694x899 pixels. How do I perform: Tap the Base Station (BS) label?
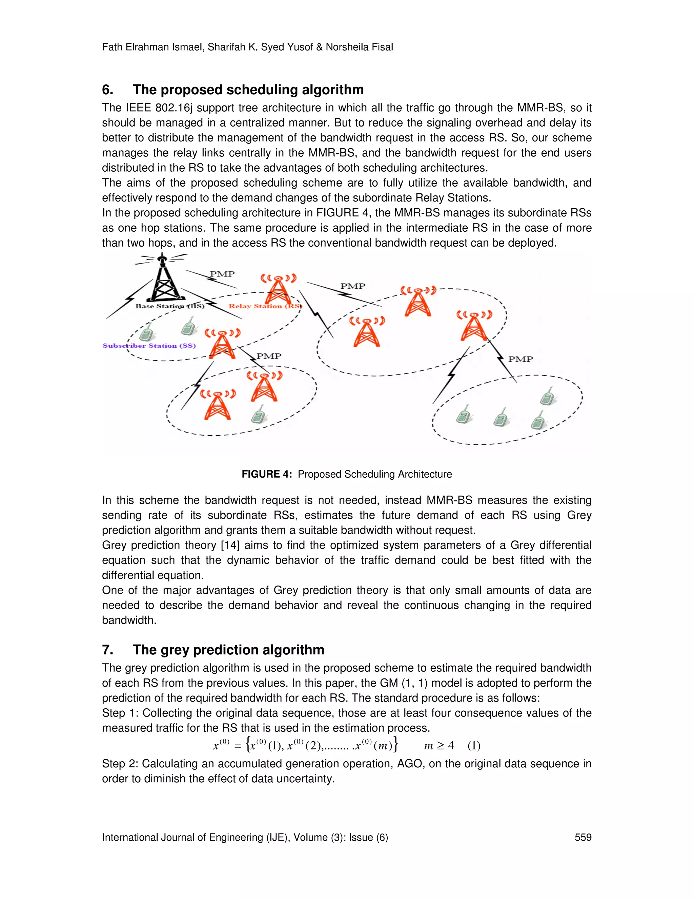169,306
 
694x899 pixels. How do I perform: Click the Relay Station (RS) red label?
265,306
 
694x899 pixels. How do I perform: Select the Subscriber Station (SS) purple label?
149,346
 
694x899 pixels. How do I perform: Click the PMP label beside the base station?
222,274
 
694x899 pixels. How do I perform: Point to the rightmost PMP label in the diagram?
520,359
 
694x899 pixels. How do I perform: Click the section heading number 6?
107,90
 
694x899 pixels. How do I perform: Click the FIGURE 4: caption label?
266,474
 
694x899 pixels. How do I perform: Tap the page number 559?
583,837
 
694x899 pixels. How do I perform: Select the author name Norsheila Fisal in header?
359,47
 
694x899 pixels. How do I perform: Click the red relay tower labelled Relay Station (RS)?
279,289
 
